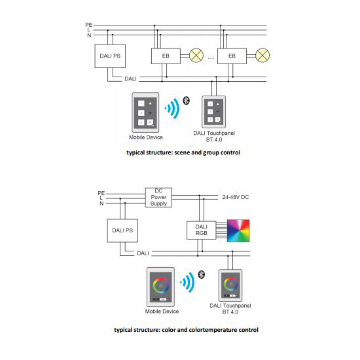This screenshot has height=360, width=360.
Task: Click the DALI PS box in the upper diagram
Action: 110,56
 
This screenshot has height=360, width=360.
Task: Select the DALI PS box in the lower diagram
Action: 122,230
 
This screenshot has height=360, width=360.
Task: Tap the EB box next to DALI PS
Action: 166,56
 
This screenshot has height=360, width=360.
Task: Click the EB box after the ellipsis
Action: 232,56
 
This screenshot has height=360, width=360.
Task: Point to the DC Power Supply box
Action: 158,198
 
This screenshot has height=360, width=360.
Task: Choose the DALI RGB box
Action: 202,230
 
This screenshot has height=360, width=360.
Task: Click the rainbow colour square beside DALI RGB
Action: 238,231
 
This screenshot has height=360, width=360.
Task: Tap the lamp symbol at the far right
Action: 262,56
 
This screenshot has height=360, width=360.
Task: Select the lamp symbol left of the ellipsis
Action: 196,56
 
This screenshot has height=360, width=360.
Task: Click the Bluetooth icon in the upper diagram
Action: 186,101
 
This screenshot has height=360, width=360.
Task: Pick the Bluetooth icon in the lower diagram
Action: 202,275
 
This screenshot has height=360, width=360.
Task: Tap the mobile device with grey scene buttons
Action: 145,113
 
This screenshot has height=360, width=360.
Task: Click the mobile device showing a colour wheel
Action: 160,287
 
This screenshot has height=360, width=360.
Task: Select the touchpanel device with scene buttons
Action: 213,112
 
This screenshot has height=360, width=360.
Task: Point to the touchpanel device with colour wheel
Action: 230,285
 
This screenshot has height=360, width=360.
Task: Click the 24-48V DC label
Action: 236,197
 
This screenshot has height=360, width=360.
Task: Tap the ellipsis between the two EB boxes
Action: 211,58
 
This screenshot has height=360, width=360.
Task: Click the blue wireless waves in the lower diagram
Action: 188,282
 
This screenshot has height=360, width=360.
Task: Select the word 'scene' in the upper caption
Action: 182,153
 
